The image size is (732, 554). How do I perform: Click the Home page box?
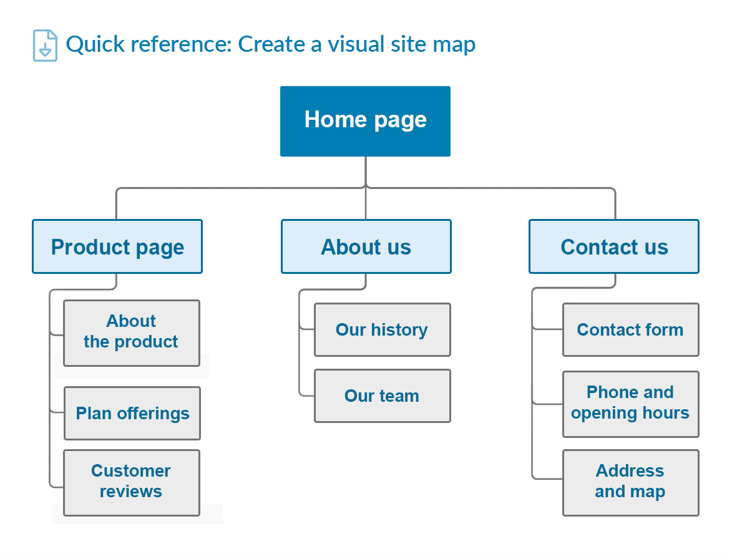click(365, 121)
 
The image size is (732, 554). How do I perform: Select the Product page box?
click(117, 246)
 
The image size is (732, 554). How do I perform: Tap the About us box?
click(366, 246)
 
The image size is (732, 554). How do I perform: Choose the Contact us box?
click(614, 246)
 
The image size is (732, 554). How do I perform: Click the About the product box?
click(132, 333)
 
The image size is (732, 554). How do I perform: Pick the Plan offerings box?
click(132, 413)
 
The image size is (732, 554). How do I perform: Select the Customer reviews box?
click(132, 482)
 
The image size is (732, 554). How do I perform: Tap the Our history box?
click(382, 329)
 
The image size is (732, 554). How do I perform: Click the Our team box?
click(382, 396)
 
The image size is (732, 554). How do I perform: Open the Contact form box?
click(630, 329)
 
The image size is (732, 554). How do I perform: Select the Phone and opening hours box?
click(630, 403)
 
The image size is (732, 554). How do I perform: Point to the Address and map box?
click(630, 482)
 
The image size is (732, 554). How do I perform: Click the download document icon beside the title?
click(45, 46)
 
